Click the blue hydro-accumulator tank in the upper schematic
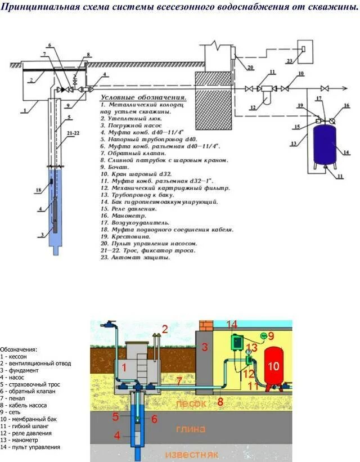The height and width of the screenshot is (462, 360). [324, 145]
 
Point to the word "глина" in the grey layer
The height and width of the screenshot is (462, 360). [191, 429]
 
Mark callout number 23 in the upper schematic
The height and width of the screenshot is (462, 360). [289, 61]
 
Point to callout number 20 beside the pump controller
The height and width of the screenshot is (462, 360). [250, 67]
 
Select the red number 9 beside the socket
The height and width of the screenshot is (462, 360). [271, 335]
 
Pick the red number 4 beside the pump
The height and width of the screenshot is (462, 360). [117, 434]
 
